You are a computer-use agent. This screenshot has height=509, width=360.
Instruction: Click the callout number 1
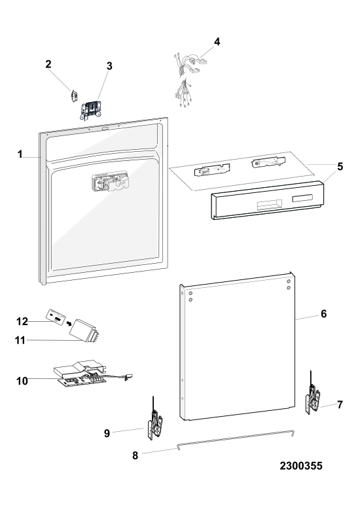point(20,154)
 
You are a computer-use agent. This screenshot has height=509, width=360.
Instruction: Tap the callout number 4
point(217,42)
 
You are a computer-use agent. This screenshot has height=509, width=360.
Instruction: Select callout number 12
point(22,321)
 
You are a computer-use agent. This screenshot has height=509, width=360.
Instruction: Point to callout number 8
point(135,455)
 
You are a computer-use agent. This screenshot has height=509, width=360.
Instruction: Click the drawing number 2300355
point(301,466)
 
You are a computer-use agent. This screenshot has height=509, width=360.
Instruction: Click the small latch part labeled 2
point(73,96)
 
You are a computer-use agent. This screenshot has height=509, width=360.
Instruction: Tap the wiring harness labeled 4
point(187,78)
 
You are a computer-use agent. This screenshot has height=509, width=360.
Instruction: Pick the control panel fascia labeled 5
point(268,200)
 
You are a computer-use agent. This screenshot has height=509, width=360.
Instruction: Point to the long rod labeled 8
point(236,440)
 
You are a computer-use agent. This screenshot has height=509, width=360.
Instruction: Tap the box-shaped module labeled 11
point(84,331)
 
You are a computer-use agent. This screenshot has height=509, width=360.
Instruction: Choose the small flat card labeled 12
point(56,316)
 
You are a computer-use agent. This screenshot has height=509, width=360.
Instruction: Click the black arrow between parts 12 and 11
point(68,323)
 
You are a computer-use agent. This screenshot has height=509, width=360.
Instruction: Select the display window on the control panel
point(302,198)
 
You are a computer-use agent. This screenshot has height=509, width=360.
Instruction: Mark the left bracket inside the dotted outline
point(212,169)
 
